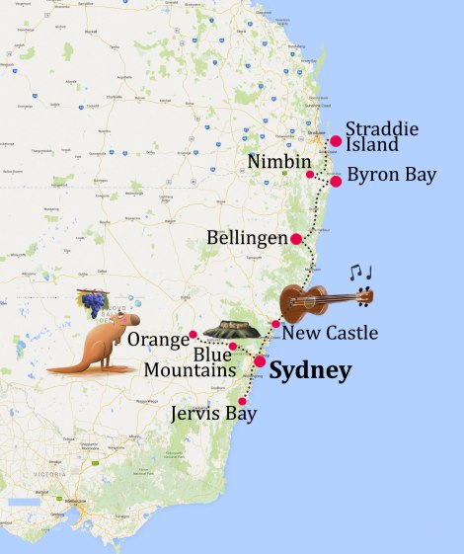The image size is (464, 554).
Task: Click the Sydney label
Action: click(310, 372)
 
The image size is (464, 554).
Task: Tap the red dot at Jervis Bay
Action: click(243, 401)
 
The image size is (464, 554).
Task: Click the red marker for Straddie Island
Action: click(336, 141)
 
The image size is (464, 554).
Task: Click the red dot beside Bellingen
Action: click(296, 238)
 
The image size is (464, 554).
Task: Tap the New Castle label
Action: click(330, 334)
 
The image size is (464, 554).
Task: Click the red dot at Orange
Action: click(193, 335)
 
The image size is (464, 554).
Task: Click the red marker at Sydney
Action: click(260, 361)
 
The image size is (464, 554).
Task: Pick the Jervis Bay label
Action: click(212, 414)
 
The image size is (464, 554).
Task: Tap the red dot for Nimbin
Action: click(310, 175)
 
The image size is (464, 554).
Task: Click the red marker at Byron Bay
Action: click(336, 182)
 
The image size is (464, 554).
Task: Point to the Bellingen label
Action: click(247, 239)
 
